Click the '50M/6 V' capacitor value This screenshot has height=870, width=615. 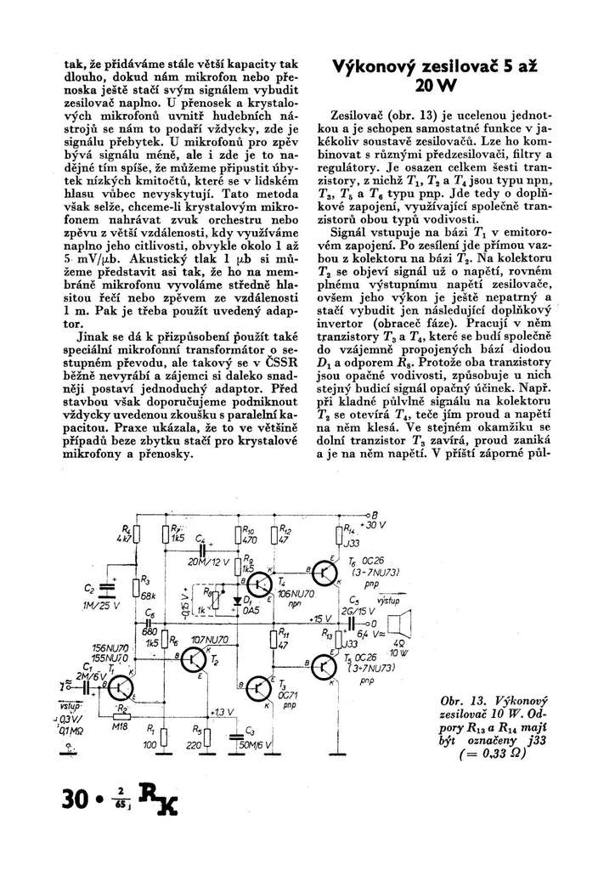tap(255, 743)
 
